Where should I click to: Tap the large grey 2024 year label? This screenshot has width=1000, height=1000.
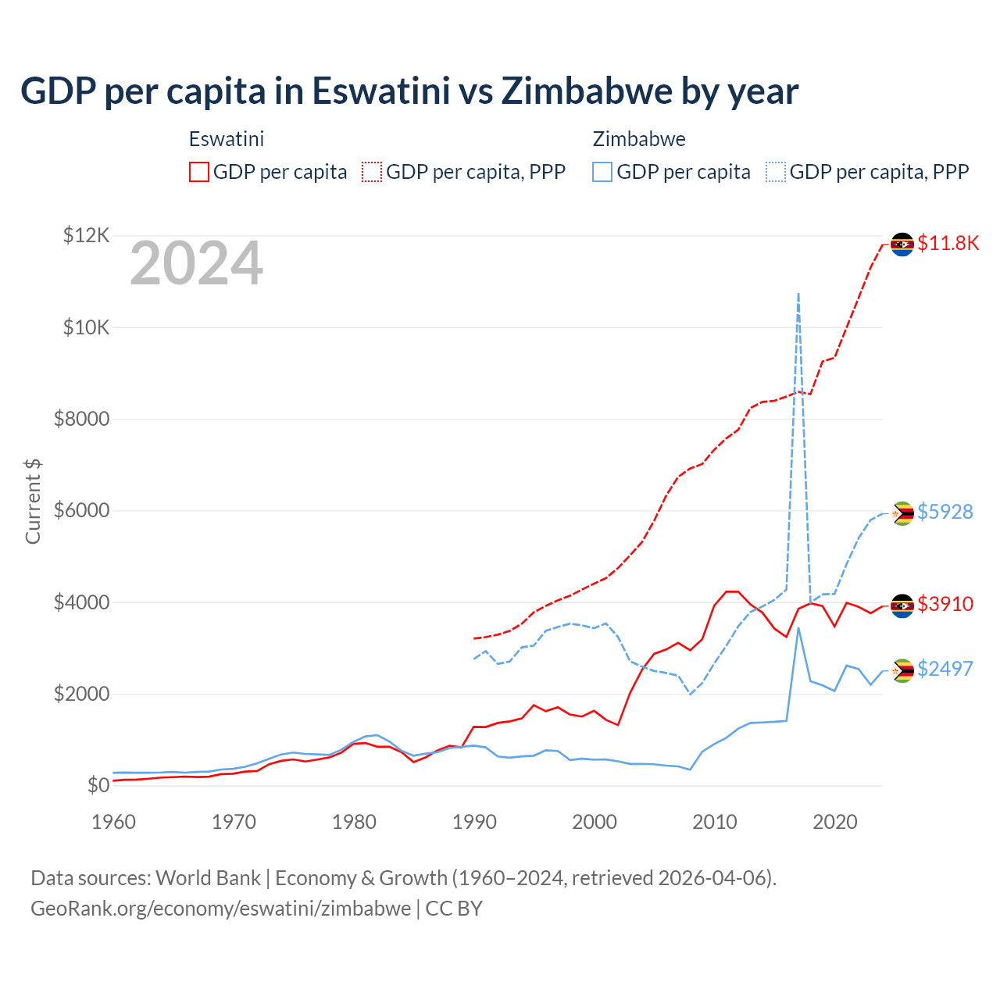pos(196,264)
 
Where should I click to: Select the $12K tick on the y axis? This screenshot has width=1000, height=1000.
pos(86,235)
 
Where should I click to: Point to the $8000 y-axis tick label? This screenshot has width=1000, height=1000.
pos(81,419)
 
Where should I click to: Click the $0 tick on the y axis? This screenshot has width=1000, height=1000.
pos(98,785)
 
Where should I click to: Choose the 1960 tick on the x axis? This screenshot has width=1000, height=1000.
pos(114,822)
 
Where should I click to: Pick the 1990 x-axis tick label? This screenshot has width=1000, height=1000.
pos(474,822)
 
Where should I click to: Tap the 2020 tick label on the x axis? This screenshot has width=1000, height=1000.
pos(835,822)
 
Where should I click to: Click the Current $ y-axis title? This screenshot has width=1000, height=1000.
pos(33,501)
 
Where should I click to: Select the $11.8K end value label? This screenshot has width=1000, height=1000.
pos(948,243)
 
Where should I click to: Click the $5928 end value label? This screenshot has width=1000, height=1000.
pos(945,512)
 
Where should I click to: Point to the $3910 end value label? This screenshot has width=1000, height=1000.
pos(945,604)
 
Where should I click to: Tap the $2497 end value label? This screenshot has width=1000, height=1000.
pos(945,669)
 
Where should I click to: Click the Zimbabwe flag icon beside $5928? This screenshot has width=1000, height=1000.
pos(902,513)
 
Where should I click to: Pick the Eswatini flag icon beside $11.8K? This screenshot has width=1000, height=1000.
pos(902,245)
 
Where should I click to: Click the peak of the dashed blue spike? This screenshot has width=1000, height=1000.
pos(798,294)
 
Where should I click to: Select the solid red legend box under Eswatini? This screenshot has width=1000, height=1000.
pos(199,172)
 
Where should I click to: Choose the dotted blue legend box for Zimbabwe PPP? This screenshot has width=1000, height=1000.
pos(776,172)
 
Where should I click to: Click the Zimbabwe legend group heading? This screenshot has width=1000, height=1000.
pos(639,139)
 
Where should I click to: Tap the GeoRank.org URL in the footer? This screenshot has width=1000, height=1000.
pos(220,909)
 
